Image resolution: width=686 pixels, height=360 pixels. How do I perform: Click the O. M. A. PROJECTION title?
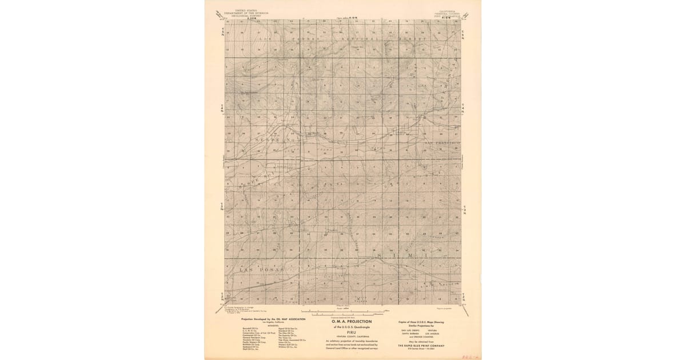click(x=352, y=322)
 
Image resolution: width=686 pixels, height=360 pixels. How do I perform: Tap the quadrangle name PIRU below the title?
click(x=352, y=331)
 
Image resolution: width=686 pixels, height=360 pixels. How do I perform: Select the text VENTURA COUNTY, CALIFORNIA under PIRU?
click(x=352, y=336)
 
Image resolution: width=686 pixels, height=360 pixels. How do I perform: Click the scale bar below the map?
click(x=349, y=313)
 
